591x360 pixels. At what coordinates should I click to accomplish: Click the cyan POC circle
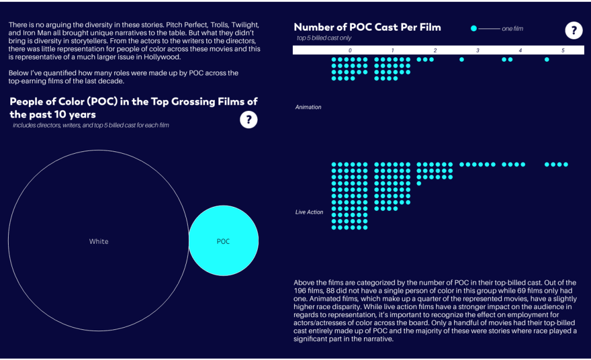tap(223, 242)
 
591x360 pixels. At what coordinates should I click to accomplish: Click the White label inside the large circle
tap(99, 242)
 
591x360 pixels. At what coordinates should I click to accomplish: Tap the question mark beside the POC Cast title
tap(573, 31)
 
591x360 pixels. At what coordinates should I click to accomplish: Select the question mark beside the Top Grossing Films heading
tap(248, 120)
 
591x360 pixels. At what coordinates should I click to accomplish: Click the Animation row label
tap(308, 107)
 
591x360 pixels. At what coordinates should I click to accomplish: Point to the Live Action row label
tap(309, 212)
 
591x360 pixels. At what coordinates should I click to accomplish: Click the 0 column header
tap(350, 51)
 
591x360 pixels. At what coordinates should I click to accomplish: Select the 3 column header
tap(478, 51)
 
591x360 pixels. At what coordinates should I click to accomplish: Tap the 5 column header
tap(563, 51)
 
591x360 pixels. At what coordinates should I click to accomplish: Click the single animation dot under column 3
tap(462, 60)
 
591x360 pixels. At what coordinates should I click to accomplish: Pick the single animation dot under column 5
tap(547, 60)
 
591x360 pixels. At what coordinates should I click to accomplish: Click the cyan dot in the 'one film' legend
tap(474, 28)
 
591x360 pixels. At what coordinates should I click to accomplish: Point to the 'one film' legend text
tap(512, 28)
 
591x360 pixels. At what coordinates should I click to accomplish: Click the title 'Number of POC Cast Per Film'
tap(367, 27)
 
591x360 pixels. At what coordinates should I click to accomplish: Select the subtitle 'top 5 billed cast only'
tap(324, 38)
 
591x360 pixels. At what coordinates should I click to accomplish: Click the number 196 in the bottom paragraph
tap(300, 290)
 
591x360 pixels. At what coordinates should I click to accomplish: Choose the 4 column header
tap(520, 51)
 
